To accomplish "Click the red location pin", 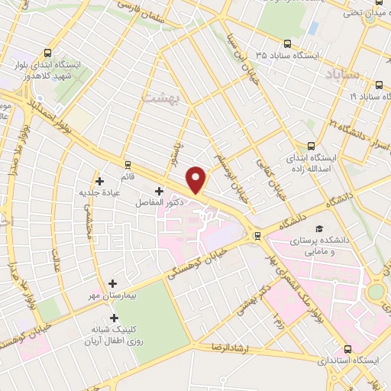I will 197,179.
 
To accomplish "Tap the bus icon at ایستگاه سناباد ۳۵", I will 287,44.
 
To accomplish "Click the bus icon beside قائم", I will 127,163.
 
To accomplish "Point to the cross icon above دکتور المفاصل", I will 159,191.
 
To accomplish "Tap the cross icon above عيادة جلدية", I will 99,180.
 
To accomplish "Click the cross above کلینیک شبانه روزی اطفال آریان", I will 115,318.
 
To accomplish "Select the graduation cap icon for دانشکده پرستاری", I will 318,228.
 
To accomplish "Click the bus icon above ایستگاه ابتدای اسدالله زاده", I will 311,145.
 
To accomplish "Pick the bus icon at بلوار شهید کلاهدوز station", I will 47,53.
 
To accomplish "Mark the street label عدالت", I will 57,260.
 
